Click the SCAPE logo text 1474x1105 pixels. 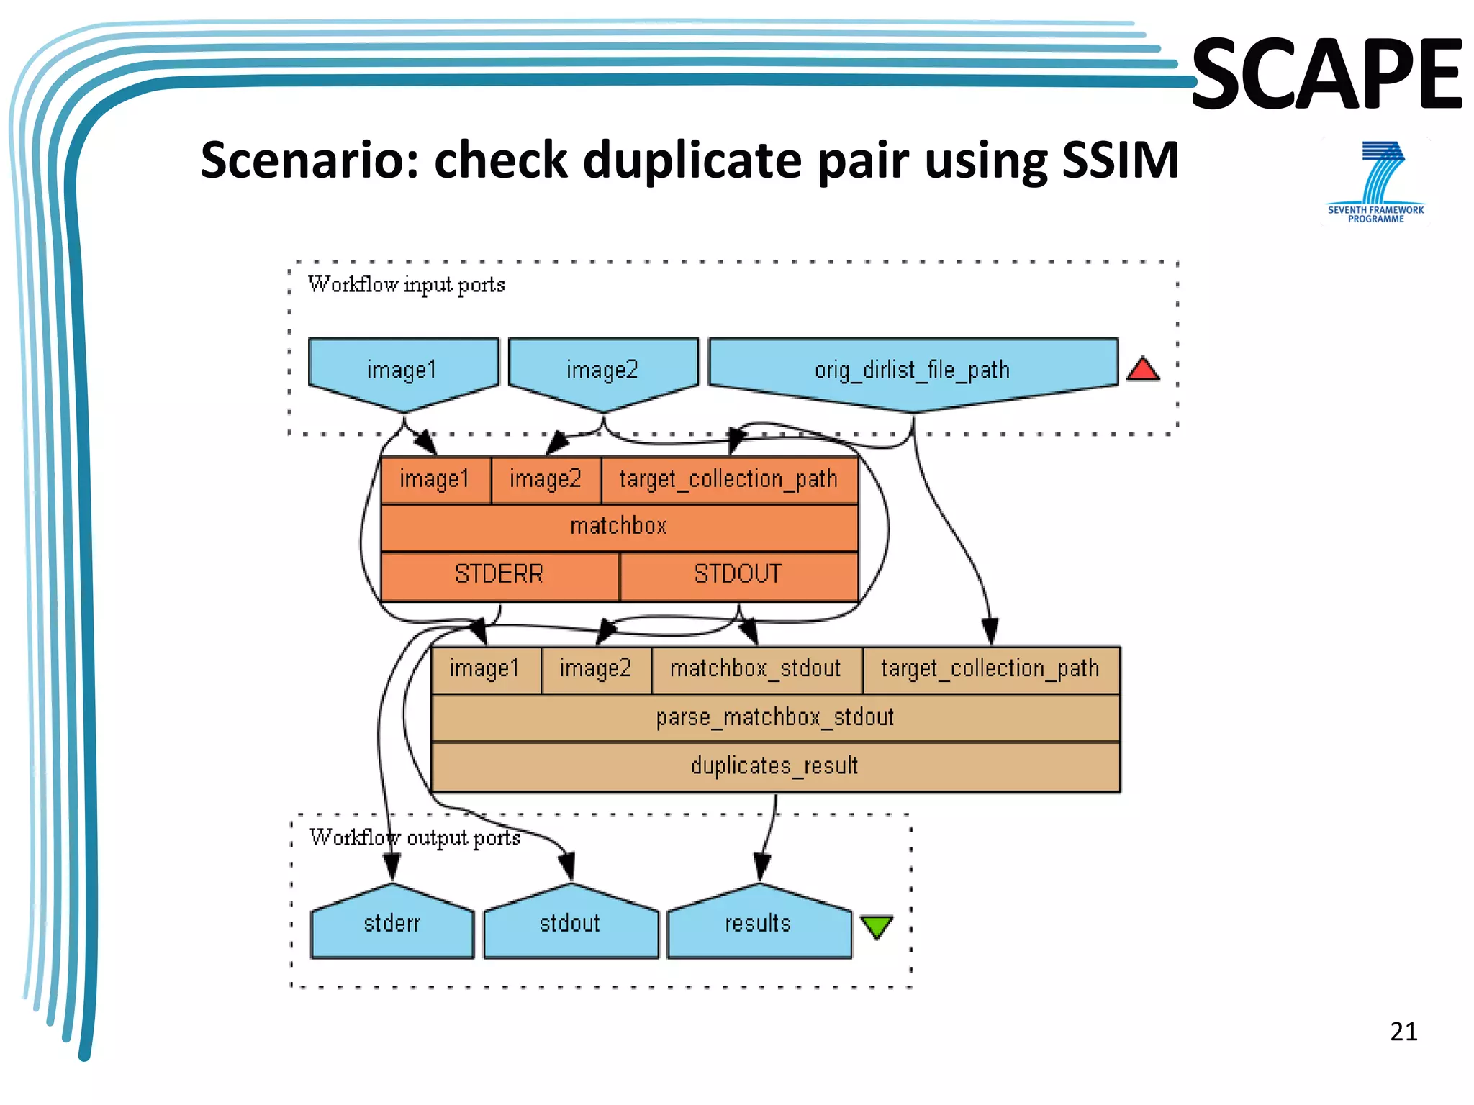[1326, 74]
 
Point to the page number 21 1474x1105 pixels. [1403, 1032]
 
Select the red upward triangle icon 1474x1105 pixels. [1142, 370]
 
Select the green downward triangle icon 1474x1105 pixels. [876, 927]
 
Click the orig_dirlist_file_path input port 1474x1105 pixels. [913, 370]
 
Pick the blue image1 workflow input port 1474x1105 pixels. [402, 370]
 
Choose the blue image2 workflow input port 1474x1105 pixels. [602, 370]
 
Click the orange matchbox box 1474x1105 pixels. [619, 527]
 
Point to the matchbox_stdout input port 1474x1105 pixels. [756, 669]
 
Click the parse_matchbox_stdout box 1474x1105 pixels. [775, 718]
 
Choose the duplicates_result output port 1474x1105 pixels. [775, 766]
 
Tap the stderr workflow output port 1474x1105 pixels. [392, 924]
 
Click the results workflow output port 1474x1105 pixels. [759, 924]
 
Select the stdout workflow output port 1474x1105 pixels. [570, 924]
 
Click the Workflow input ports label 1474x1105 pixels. [407, 285]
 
